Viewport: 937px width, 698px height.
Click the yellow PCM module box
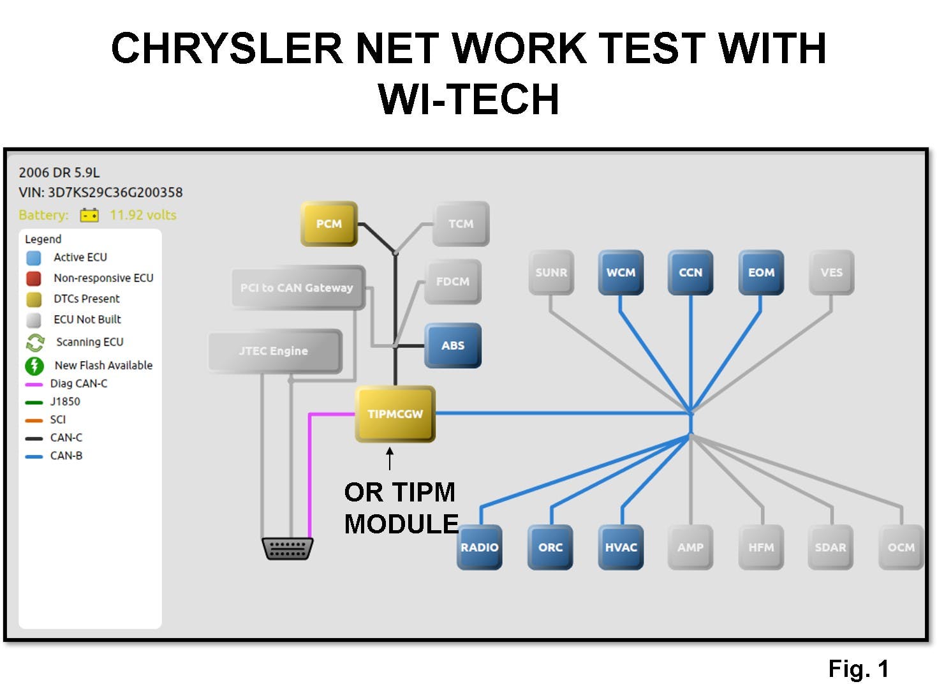328,224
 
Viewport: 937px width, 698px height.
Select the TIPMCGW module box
395,414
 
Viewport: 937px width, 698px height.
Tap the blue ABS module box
453,345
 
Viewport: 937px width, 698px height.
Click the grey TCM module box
461,224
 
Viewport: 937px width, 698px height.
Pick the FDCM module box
452,281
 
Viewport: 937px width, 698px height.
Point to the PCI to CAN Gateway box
297,288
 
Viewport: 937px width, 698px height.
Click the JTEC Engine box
274,351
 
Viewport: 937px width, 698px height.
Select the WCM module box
620,272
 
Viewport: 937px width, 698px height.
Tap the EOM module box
761,272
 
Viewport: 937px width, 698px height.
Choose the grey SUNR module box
551,272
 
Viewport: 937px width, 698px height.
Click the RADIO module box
480,547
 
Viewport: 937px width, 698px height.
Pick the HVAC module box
621,547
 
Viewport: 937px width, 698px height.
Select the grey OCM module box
901,547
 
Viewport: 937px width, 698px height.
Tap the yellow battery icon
89,215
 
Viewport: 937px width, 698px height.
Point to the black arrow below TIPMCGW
390,458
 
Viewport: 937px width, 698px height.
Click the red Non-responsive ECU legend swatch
34,278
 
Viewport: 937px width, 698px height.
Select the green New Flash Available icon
34,366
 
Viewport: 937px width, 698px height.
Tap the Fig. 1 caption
858,669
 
